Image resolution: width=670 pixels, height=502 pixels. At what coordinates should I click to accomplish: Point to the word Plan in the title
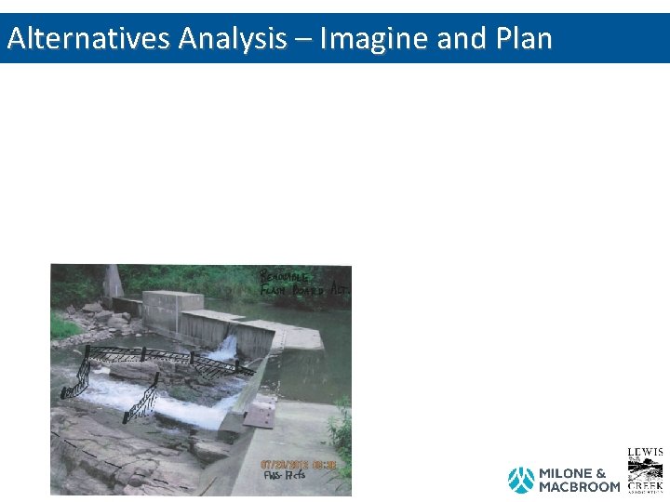pos(525,38)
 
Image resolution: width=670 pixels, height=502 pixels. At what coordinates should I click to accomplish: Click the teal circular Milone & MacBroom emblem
pos(521,480)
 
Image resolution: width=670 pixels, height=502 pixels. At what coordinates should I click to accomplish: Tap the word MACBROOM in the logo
pos(579,487)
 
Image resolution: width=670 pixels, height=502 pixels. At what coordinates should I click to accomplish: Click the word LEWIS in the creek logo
pos(645,453)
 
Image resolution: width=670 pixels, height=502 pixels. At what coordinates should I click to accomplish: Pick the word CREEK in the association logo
pos(645,485)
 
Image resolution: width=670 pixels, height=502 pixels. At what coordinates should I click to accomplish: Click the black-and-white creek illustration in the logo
pos(645,469)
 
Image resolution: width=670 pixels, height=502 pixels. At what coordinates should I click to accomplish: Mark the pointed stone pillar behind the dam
pos(114,282)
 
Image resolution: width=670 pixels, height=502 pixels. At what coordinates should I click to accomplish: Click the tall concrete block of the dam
pos(173,311)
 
